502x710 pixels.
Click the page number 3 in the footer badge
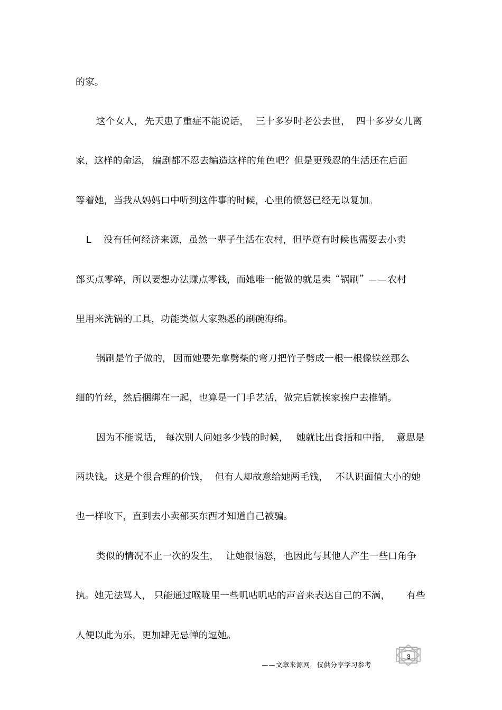408,656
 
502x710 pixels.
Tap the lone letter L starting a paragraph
89,240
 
